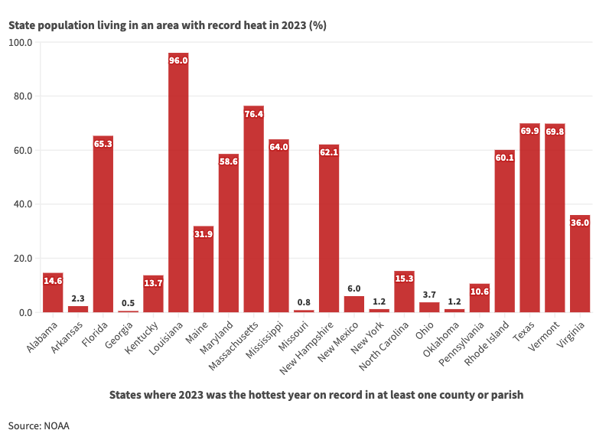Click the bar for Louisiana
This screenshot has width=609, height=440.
[178, 184]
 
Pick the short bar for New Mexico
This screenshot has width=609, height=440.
[353, 304]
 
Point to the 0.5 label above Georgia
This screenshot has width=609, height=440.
[128, 303]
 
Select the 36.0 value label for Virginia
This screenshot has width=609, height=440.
[580, 223]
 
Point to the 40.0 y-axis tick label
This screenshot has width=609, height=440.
[21, 204]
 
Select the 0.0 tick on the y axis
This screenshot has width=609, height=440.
[24, 312]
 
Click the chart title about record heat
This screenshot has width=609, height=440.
[168, 25]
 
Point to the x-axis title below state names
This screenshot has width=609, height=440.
[316, 395]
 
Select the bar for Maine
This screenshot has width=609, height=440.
[204, 269]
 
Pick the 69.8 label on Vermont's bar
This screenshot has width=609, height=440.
[555, 131]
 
